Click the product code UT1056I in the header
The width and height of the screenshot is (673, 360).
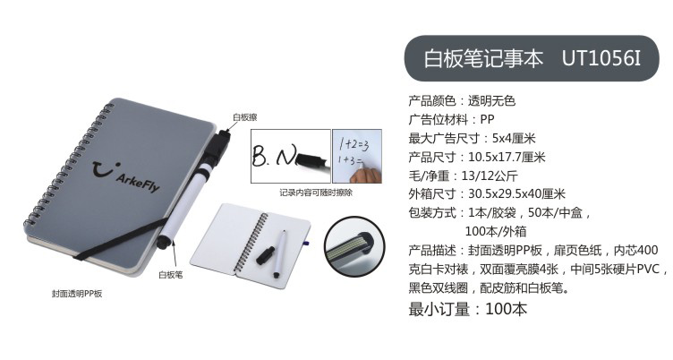(x=601, y=58)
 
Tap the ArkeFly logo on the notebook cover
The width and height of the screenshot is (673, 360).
(x=126, y=176)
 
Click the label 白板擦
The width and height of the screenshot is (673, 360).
(x=244, y=117)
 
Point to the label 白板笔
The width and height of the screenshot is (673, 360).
(x=170, y=275)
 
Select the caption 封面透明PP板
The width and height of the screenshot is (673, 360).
(x=77, y=294)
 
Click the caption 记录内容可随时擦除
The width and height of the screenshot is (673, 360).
(x=316, y=193)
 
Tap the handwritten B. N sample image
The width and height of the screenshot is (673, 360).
(x=291, y=156)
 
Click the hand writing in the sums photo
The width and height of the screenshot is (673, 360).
(x=364, y=175)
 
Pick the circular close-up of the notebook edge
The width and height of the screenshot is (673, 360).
(x=354, y=247)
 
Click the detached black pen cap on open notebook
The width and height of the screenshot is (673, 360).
(x=267, y=255)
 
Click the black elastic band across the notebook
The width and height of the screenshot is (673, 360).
(x=120, y=238)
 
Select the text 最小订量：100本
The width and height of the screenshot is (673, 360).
(x=468, y=309)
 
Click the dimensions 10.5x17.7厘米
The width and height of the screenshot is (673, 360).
(x=507, y=158)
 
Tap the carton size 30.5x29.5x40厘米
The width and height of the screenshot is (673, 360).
(x=516, y=193)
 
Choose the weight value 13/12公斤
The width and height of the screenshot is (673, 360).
(x=490, y=176)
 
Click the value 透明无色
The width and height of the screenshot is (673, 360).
(x=491, y=101)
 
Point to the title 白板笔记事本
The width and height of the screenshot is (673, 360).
(x=483, y=58)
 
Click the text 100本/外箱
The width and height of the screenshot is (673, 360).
(x=496, y=232)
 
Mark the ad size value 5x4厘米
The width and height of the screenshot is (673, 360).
(x=514, y=138)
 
